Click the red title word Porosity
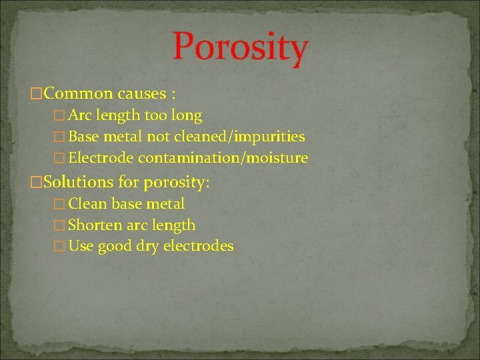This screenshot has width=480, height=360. pyautogui.click(x=240, y=47)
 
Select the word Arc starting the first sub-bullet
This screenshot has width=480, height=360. pyautogui.click(x=80, y=115)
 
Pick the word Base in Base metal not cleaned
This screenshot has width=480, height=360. pyautogui.click(x=83, y=137)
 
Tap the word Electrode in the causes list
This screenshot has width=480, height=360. pyautogui.click(x=101, y=158)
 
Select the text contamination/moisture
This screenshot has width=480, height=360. pyautogui.click(x=223, y=158)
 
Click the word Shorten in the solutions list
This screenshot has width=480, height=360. pyautogui.click(x=95, y=225)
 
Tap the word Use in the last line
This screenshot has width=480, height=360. pyautogui.click(x=81, y=246)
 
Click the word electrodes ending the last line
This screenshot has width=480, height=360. pyautogui.click(x=199, y=246)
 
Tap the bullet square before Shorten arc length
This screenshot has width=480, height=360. pyautogui.click(x=61, y=225)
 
